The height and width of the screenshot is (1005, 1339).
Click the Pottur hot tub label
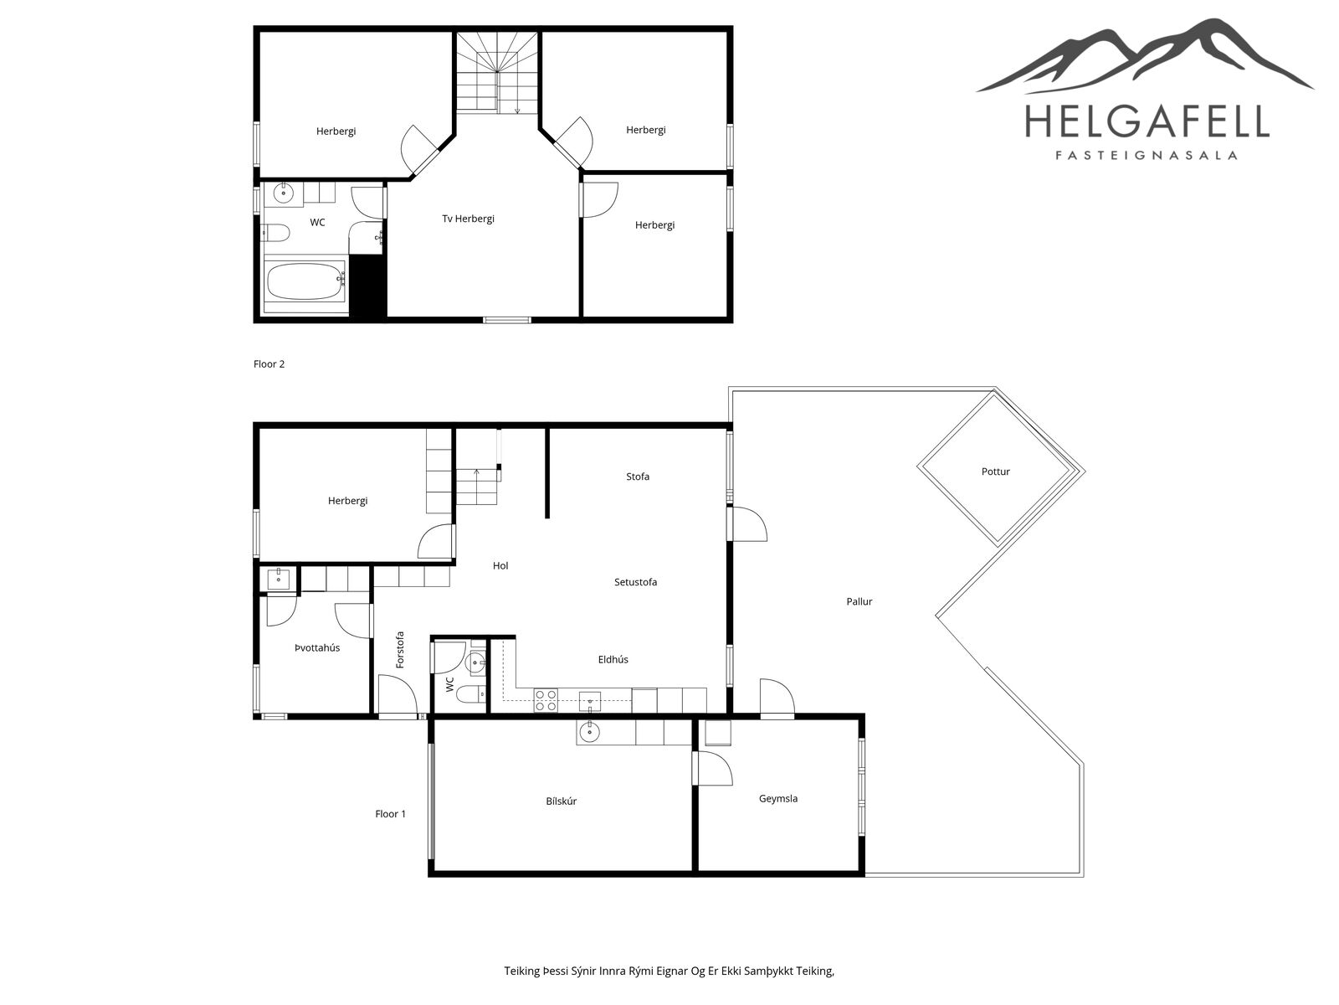tap(995, 472)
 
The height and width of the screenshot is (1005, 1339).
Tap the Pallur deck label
tap(859, 601)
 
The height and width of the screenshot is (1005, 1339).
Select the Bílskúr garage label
tap(561, 801)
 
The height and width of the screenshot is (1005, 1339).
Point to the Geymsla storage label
tap(777, 799)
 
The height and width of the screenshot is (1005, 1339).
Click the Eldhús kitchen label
tap(613, 659)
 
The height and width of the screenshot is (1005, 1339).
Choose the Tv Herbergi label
tap(468, 219)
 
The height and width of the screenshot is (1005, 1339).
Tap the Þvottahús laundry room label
tap(316, 647)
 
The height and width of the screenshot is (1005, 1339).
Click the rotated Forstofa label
tap(400, 650)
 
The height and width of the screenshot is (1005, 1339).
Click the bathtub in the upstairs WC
tap(306, 281)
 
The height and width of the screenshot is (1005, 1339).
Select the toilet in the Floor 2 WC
tap(275, 233)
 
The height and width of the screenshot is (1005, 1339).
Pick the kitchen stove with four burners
tap(546, 700)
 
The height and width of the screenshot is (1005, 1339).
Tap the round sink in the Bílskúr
tap(589, 731)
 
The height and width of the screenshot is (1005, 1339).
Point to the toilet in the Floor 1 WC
tap(470, 693)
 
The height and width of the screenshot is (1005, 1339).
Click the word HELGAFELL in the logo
tap(1147, 121)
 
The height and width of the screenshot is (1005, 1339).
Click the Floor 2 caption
tap(269, 364)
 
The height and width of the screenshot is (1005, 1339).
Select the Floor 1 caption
tap(390, 814)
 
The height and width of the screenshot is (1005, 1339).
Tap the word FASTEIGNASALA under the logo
tap(1147, 156)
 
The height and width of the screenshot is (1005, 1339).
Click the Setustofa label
tap(635, 582)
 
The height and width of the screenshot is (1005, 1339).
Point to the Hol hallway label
tap(500, 565)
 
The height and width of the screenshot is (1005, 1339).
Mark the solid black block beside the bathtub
tap(367, 286)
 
